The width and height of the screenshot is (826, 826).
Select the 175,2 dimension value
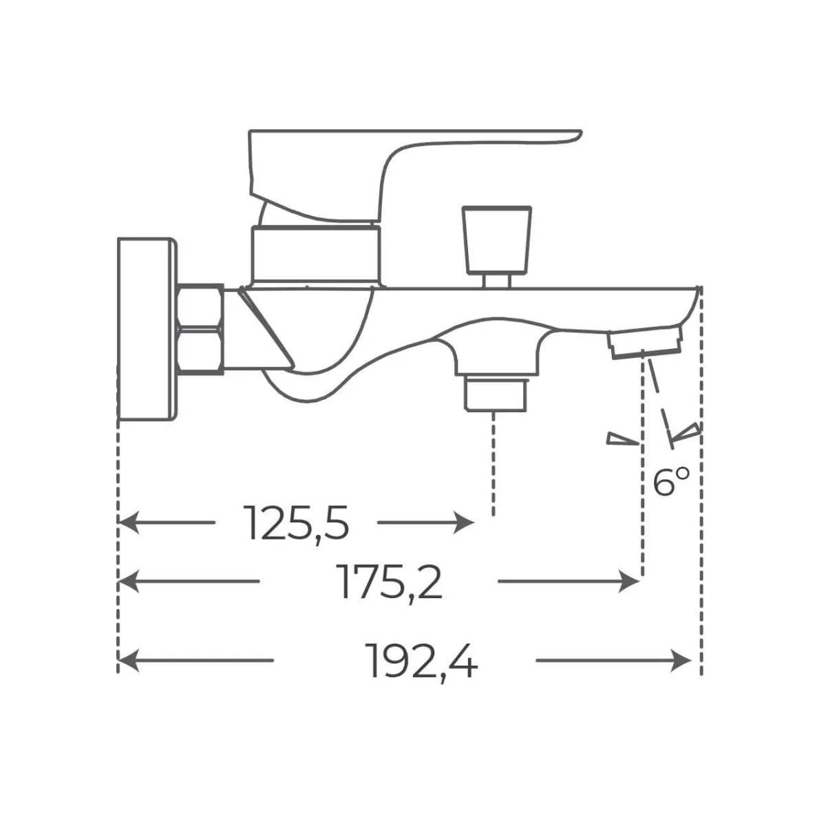[390, 582]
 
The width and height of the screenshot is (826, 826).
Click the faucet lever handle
[385, 158]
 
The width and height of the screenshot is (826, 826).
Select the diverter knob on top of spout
[497, 238]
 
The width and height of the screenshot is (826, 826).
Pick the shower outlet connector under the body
[496, 392]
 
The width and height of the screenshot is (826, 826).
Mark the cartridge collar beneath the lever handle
[315, 255]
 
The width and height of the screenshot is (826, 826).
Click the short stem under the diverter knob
[496, 279]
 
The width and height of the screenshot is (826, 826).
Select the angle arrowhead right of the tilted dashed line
[688, 433]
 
